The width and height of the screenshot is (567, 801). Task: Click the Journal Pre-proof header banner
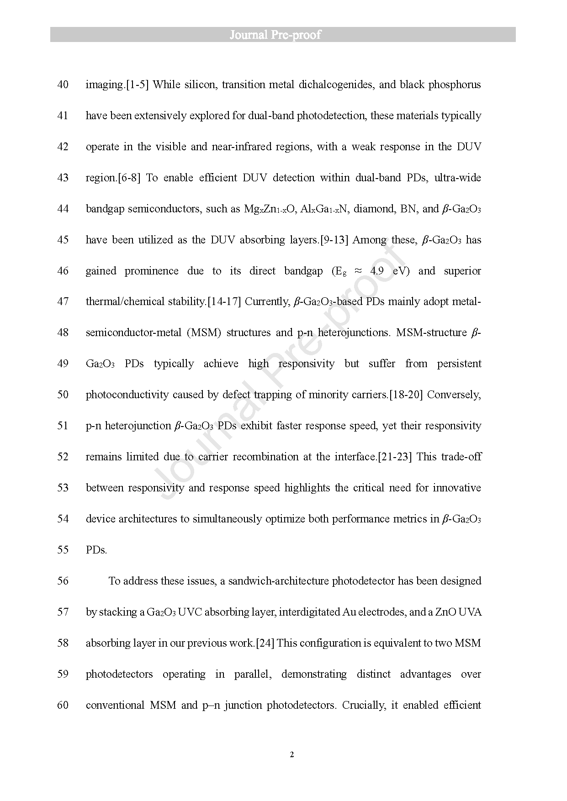tap(283, 35)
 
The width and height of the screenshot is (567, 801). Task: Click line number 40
tap(63, 85)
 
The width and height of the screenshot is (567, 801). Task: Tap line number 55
tap(63, 550)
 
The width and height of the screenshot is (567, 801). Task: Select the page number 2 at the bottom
tap(292, 754)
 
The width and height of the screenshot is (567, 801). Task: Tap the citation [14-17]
tap(224, 302)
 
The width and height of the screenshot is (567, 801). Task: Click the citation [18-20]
tap(406, 395)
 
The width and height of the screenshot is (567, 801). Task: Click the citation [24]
tap(265, 643)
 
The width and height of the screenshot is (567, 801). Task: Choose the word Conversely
tap(454, 395)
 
